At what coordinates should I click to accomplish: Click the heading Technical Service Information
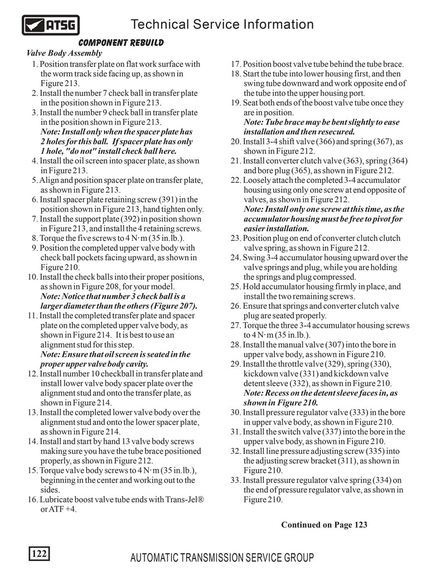coord(222,25)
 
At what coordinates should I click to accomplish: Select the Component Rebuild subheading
coord(121,43)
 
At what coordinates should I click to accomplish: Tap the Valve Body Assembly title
coord(64,54)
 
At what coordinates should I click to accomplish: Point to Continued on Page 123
coord(324,525)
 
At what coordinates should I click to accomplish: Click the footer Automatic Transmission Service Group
coord(222,557)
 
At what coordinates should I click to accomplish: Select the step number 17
coord(235,64)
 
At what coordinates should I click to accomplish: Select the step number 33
coord(235,480)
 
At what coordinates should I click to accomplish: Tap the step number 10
coord(32,277)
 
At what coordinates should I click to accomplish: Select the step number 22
coord(235,181)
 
